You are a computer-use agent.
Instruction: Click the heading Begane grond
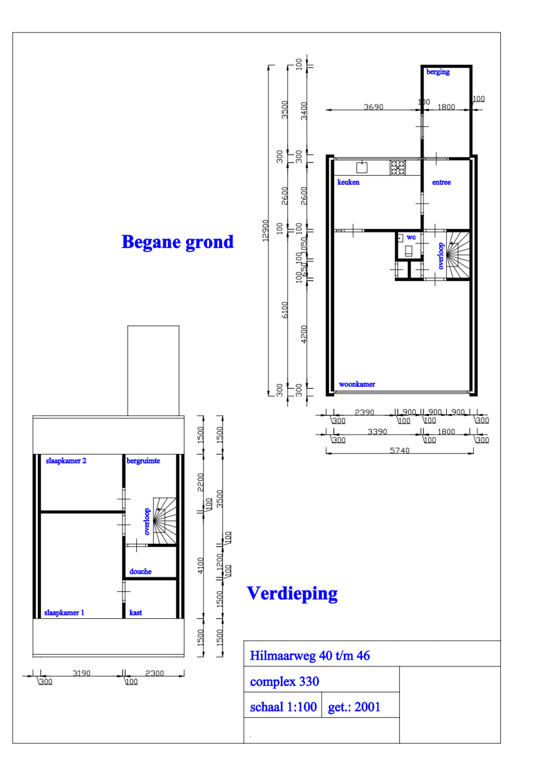(177, 242)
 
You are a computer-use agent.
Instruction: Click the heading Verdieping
(292, 593)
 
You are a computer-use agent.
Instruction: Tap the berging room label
(438, 72)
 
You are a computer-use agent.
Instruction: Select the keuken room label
(348, 183)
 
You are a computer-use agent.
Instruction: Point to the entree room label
(441, 183)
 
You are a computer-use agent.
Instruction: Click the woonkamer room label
(357, 385)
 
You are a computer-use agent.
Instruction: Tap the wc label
(411, 237)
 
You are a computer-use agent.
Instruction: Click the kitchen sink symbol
(362, 167)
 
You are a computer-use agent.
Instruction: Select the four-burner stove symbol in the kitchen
(398, 167)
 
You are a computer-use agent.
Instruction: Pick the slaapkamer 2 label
(66, 461)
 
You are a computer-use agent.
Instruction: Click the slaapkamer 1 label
(64, 613)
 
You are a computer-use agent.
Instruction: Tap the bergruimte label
(143, 461)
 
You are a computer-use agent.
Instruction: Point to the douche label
(140, 572)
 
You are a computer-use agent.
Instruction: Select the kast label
(136, 613)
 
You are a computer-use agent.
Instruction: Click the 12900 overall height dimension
(265, 230)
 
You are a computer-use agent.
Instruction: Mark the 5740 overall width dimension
(400, 451)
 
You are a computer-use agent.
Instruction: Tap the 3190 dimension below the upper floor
(81, 673)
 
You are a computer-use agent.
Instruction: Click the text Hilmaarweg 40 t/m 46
(310, 656)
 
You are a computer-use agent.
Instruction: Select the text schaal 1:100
(283, 707)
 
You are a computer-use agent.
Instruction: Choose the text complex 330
(285, 682)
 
